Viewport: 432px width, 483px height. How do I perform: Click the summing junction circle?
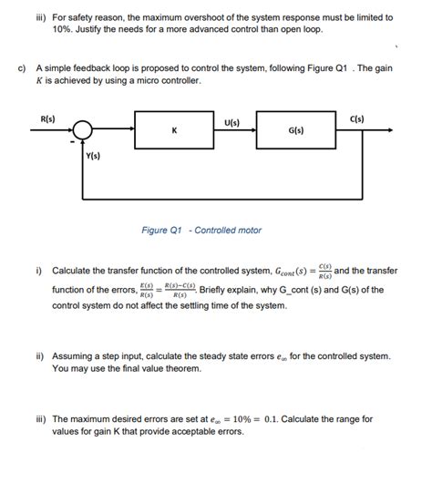82,130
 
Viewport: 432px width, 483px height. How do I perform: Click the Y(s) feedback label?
93,157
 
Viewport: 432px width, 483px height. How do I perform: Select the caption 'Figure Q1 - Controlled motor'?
201,231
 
